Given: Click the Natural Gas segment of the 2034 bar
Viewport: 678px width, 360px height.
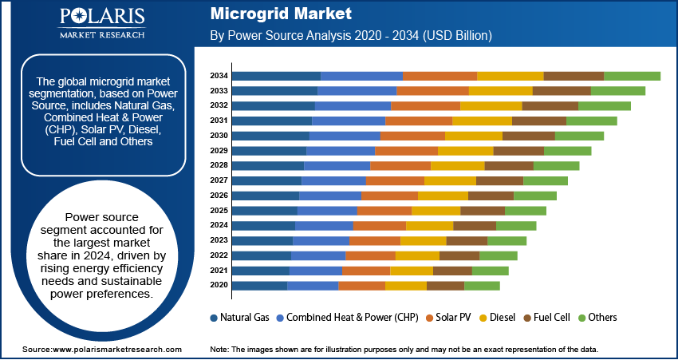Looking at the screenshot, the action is pos(277,76).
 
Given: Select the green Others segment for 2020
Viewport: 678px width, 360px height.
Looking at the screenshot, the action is pos(482,286).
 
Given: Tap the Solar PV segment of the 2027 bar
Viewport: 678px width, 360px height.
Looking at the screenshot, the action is pos(395,181).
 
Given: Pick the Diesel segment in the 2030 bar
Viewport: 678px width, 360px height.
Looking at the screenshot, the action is pos(474,136).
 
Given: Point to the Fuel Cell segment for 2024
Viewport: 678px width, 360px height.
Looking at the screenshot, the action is pos(475,226).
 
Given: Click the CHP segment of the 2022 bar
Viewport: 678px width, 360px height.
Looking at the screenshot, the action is pos(319,255).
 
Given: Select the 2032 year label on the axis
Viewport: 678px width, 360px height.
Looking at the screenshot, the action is pos(219,105).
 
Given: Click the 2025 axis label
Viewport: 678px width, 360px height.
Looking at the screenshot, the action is pos(219,211).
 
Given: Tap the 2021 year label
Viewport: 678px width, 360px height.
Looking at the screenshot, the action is pos(219,271).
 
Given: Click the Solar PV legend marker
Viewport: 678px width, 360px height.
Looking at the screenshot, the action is pos(429,318).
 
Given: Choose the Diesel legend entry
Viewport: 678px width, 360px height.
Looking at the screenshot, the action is pos(497,318).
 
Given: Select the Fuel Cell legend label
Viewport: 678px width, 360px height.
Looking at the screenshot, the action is pos(552,318).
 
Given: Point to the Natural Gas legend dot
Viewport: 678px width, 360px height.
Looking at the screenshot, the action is pos(214,318).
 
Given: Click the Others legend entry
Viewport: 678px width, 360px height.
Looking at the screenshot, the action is pos(597,318).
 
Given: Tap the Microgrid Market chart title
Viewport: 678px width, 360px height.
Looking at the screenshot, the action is pos(281,14).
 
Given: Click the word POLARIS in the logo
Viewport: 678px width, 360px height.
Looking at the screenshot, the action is pos(102,18).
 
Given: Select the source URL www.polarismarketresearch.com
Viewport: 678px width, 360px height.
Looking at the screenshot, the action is pos(116,350).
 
